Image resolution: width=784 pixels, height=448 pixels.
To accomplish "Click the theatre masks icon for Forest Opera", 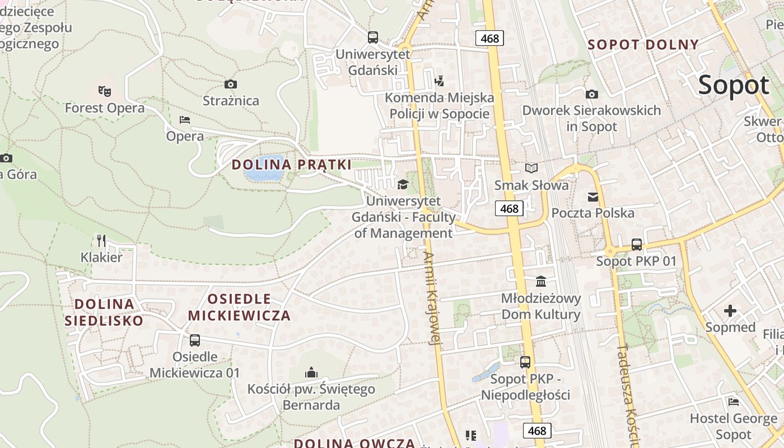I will pos(104,90).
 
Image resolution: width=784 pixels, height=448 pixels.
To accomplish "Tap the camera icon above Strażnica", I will pos(230,84).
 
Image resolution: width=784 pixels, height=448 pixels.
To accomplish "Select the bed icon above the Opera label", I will pos(185,119).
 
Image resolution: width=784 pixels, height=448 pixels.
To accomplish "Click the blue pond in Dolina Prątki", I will pos(263,169).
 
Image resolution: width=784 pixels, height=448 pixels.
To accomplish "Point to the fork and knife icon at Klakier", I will pos(101,240).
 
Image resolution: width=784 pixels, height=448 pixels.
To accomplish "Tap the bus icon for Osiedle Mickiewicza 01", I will pos(195,340).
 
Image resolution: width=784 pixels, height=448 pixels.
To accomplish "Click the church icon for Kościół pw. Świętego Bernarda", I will pos(311,372).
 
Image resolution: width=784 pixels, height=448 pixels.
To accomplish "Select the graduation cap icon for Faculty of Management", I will pos(403,184).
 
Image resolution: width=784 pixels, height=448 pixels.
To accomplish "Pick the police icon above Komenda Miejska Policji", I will pos(440,81).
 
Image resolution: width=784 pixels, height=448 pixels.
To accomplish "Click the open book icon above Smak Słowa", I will pos(531,168).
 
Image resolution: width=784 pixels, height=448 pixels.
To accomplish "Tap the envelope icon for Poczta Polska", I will pos(592,197).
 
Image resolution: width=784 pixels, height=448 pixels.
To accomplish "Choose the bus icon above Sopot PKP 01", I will pos(637,244).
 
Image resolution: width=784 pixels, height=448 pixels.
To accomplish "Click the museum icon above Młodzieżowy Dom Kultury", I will pos(541,281).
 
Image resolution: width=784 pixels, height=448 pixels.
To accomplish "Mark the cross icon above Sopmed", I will pos(730,310).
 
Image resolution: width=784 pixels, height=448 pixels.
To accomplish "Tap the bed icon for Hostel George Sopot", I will pos(734,402).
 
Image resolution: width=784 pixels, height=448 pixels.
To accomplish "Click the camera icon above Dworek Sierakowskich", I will pos(591,94).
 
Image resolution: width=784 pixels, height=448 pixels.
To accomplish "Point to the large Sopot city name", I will pos(734,85).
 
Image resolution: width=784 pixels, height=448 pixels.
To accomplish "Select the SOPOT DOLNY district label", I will pos(643,45).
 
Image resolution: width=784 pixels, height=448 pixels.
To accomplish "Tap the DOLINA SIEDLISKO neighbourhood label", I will pos(104,312).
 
